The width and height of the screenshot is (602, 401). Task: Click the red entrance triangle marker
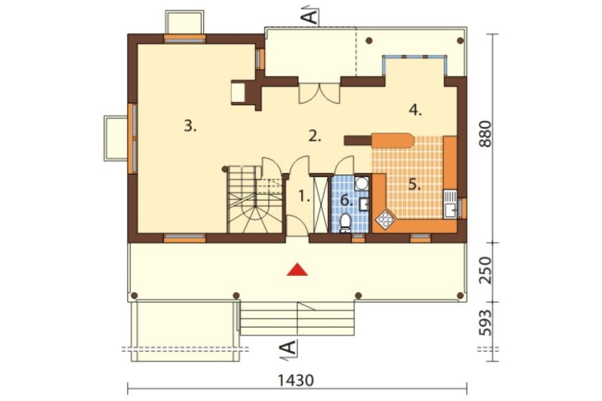pyautogui.click(x=297, y=270)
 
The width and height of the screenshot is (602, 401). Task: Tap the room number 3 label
pyautogui.click(x=190, y=126)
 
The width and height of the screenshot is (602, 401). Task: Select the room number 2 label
pyautogui.click(x=314, y=136)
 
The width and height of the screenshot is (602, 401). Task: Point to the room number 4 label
pyautogui.click(x=415, y=110)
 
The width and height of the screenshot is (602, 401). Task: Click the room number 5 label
pyautogui.click(x=414, y=185)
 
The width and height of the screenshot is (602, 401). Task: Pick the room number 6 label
pyautogui.click(x=347, y=200)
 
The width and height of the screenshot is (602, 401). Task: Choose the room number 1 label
pyautogui.click(x=304, y=197)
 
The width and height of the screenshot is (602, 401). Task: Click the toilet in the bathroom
pyautogui.click(x=346, y=223)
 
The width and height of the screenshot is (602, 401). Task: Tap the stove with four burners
pyautogui.click(x=385, y=220)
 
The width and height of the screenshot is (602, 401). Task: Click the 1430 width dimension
pyautogui.click(x=296, y=381)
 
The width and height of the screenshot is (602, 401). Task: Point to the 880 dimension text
pyautogui.click(x=485, y=134)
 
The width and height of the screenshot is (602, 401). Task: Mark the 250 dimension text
pyautogui.click(x=485, y=270)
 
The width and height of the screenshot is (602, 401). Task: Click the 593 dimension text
pyautogui.click(x=485, y=322)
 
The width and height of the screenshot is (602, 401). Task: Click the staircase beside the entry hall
pyautogui.click(x=255, y=199)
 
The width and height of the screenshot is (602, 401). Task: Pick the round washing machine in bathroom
pyautogui.click(x=361, y=183)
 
